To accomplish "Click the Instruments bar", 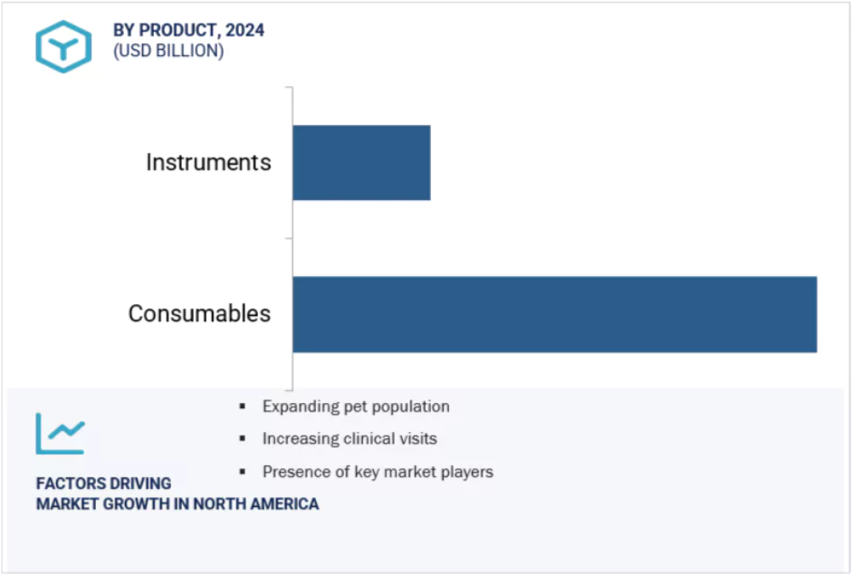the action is [x=361, y=163].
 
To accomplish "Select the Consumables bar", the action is [x=555, y=314].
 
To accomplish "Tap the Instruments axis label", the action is [x=208, y=162].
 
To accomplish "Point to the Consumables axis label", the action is [x=199, y=313].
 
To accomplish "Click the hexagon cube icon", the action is [x=63, y=47].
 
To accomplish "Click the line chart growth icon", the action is [x=61, y=434].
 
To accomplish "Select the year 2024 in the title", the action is [x=244, y=30].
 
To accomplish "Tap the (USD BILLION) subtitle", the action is [x=168, y=51].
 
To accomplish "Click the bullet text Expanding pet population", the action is [x=356, y=407].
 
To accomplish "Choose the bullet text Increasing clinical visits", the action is [x=350, y=438].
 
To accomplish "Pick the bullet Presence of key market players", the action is [x=379, y=472].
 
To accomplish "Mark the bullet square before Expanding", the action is [x=242, y=406].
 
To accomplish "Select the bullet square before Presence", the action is [x=242, y=471].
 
